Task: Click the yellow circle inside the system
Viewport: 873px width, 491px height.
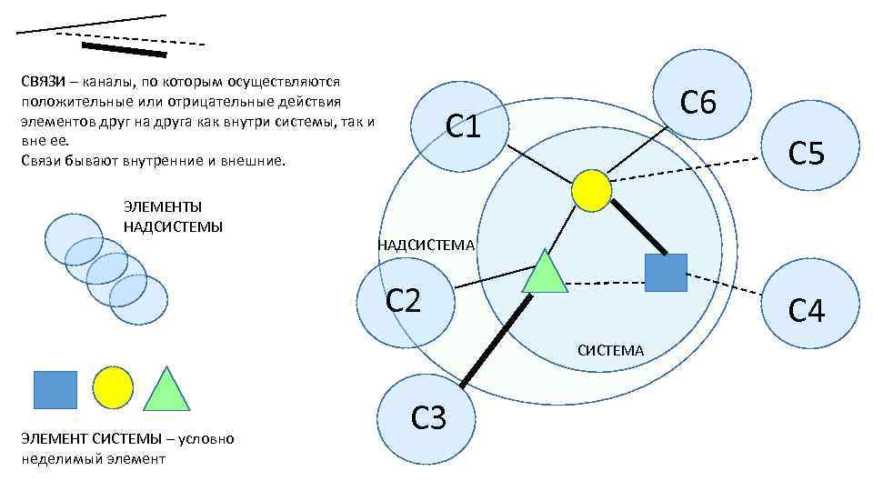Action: pos(592,189)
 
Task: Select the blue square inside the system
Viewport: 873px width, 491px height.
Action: pos(665,272)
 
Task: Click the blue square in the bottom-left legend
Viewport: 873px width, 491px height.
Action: pos(55,389)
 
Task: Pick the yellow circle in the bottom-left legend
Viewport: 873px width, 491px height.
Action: pos(113,388)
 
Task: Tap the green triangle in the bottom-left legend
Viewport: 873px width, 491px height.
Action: pos(166,392)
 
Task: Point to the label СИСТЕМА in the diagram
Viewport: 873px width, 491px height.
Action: pos(610,350)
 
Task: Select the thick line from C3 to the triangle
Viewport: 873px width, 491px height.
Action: pos(495,342)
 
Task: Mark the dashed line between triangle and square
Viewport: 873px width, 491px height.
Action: pos(606,283)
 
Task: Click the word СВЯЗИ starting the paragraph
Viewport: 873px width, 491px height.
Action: pos(42,80)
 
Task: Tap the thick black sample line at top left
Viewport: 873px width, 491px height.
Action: pos(124,49)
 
